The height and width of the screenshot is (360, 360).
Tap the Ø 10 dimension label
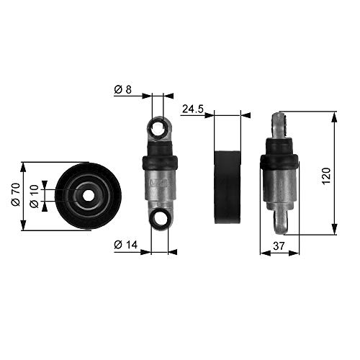click(35, 196)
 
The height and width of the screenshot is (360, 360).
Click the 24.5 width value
click(192, 109)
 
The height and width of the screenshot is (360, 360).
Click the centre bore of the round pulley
click(88, 195)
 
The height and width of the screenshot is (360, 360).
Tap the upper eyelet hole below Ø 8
click(159, 130)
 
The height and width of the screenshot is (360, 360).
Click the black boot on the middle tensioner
click(159, 163)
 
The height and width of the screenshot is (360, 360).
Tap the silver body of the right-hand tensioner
click(279, 186)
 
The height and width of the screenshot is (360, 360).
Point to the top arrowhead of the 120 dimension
click(334, 114)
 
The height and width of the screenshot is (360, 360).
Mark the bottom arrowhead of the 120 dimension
click(334, 231)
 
